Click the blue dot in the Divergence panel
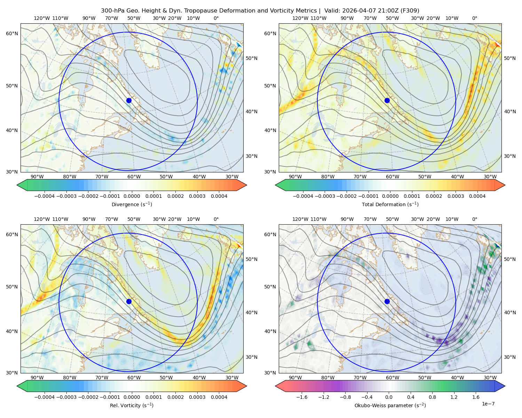coord(129,100)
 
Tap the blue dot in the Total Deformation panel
coord(387,100)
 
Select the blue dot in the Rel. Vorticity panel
coord(129,301)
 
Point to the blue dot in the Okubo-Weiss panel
coord(387,301)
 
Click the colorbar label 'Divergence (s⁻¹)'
coord(132,204)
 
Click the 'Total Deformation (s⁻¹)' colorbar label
coord(390,204)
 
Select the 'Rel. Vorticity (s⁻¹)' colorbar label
coord(132,405)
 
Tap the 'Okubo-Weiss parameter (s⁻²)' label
coord(390,405)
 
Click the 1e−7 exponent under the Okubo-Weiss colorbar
coord(488,404)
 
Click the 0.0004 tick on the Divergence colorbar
coord(219,196)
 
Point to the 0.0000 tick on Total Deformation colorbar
coord(390,196)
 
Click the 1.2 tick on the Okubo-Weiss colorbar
coord(454,397)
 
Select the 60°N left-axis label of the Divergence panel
coord(12,33)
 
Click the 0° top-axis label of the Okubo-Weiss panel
coord(474,219)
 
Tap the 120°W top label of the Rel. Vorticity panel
coord(42,219)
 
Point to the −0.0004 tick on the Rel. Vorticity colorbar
coord(45,397)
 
